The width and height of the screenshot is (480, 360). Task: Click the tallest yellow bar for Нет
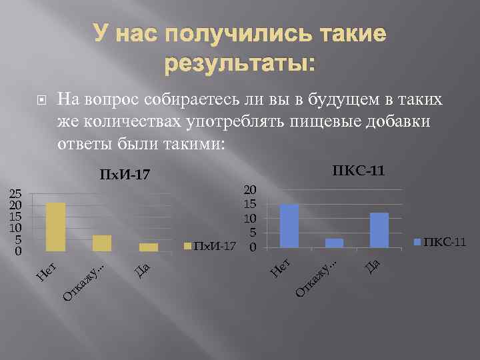[x=55, y=227]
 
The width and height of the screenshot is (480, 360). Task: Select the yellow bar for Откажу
[x=102, y=243]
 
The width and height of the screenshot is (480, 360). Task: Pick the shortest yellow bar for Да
[x=149, y=247]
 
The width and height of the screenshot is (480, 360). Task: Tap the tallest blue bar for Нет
[x=289, y=226]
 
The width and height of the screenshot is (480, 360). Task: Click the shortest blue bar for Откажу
[x=335, y=243]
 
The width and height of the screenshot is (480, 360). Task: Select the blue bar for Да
[x=379, y=230]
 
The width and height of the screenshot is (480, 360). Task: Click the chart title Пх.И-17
[x=125, y=176]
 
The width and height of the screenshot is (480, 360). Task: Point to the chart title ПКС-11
[x=358, y=171]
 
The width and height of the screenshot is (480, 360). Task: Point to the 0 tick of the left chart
[x=18, y=251]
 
